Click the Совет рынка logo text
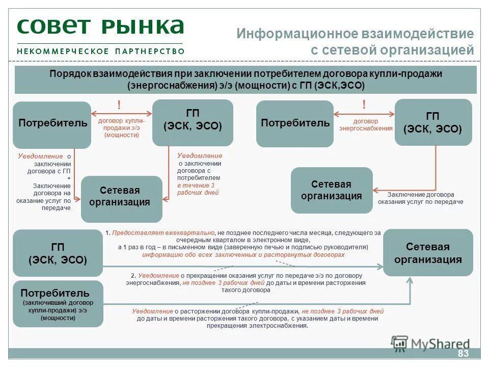pos(100,26)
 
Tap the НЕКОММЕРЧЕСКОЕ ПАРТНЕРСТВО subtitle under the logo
pos(100,51)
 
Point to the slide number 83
pos(463,354)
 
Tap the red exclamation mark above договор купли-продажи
pos(119,106)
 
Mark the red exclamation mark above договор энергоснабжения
pos(364,104)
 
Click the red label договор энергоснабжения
pos(366,125)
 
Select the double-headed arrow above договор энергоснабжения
pos(364,114)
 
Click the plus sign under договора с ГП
pos(69,179)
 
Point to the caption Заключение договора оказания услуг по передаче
pos(420,198)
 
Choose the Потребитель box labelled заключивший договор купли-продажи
pos(58,304)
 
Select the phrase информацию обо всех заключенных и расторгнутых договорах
pos(243,254)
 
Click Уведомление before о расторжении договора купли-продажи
pos(153,311)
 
